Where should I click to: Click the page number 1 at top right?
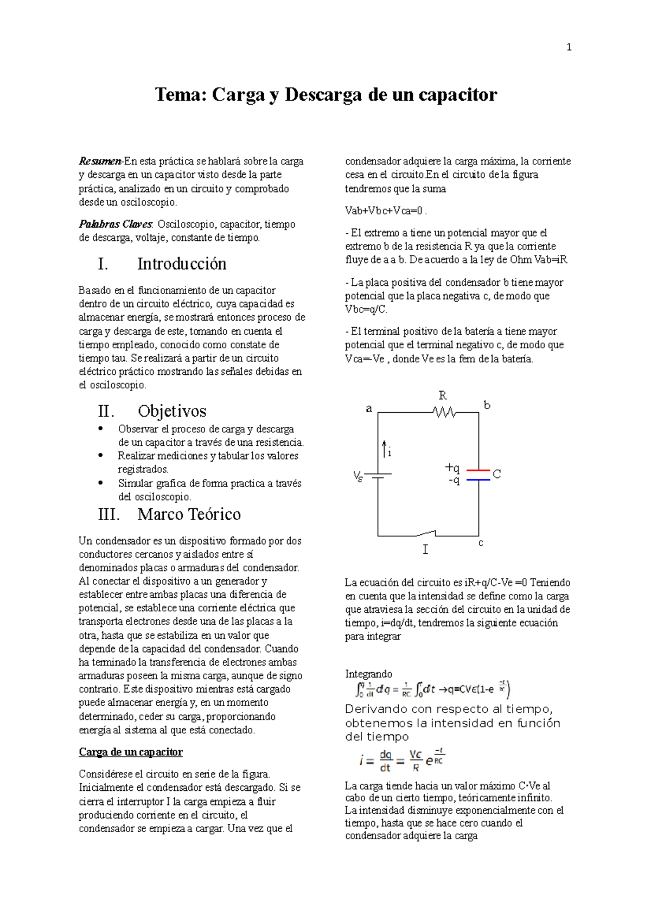tap(569, 48)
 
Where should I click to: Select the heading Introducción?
tap(182, 264)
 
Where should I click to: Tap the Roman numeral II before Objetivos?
tap(106, 411)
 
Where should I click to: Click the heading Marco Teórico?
tap(189, 514)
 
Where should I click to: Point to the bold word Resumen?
tap(100, 161)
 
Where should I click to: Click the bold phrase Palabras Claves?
tap(116, 224)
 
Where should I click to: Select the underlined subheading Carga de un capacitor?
tap(131, 752)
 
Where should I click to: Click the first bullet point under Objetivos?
tap(100, 429)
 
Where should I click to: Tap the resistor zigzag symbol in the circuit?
tap(445, 413)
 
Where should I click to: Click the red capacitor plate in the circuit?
tap(478, 470)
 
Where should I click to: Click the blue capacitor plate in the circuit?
tap(478, 479)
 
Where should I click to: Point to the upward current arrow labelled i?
tap(385, 449)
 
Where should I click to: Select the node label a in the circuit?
tap(369, 409)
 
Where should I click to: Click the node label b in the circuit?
tap(487, 405)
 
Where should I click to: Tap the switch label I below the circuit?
tap(425, 550)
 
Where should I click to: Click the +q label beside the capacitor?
tap(452, 468)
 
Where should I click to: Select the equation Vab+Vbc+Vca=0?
tap(385, 211)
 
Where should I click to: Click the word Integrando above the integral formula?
tap(368, 674)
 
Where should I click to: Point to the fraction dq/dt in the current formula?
tap(385, 761)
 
